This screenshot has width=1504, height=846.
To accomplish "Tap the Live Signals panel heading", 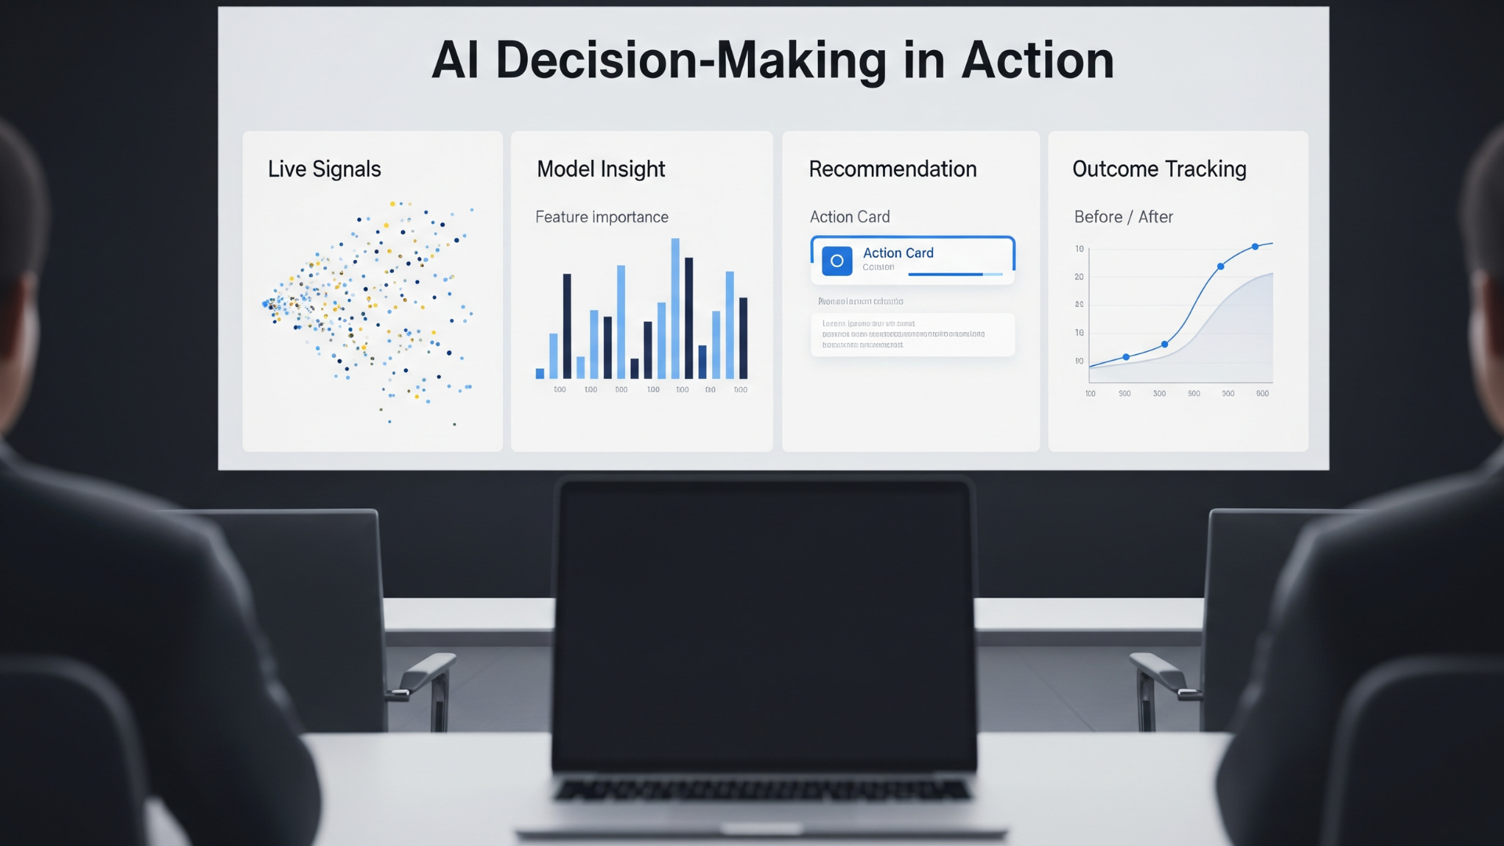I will click(324, 169).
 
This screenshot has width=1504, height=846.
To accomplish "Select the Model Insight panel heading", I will click(601, 169).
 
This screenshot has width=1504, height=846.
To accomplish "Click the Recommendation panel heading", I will click(892, 169).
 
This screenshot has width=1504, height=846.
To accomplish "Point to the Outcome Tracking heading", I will click(1159, 169).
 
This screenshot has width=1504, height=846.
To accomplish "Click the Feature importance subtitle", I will click(602, 217).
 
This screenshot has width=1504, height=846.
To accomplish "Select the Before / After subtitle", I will click(1123, 217).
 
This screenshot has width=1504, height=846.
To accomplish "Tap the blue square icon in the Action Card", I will click(837, 261).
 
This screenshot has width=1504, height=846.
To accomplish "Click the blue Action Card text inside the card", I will click(898, 253).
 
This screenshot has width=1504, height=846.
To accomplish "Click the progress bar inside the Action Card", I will click(954, 274).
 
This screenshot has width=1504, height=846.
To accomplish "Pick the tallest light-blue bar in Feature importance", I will click(675, 309).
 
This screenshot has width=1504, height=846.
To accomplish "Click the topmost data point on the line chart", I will click(1255, 247).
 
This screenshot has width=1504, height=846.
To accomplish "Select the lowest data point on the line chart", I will click(1126, 357).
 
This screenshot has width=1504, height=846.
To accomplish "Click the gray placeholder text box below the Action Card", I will click(913, 334).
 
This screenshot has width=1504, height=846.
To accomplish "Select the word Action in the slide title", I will click(1037, 61).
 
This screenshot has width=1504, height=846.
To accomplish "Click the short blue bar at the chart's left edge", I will click(540, 374).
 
